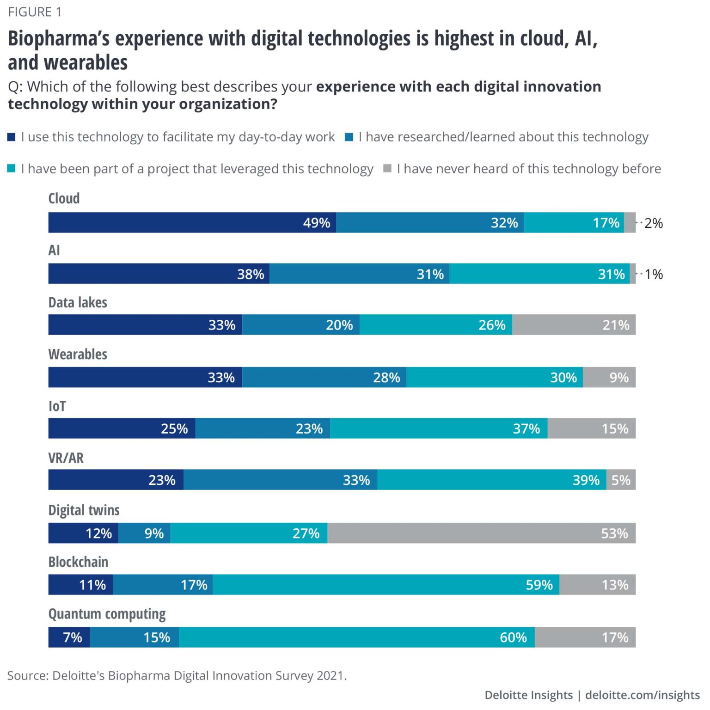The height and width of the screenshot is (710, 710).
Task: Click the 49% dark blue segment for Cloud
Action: point(192,222)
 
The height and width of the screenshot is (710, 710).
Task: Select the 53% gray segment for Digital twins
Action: point(481,533)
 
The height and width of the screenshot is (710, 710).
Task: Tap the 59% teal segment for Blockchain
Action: point(386,585)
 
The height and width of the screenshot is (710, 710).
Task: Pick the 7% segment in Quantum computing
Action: point(69,637)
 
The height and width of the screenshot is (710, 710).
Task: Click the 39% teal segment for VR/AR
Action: point(491,480)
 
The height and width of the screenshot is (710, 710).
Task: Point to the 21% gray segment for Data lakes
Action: point(574,324)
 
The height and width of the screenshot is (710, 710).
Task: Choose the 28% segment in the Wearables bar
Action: point(324,377)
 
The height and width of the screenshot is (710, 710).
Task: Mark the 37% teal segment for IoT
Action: point(439,428)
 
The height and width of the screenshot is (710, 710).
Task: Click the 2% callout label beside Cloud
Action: point(653,223)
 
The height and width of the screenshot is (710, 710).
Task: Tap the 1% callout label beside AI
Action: point(654,274)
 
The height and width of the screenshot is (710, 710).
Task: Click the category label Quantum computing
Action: point(107,614)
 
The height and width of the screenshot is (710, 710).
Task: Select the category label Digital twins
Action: point(84,510)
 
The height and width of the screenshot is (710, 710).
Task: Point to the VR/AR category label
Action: point(66,458)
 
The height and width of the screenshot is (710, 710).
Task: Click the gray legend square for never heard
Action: point(387,168)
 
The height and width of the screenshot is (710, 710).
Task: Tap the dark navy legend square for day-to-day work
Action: point(12,137)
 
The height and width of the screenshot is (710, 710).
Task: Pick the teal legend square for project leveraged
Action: point(12,168)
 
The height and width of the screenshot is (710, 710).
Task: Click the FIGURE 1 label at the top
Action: point(35,12)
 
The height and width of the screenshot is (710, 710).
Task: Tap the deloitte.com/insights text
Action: point(642,695)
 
